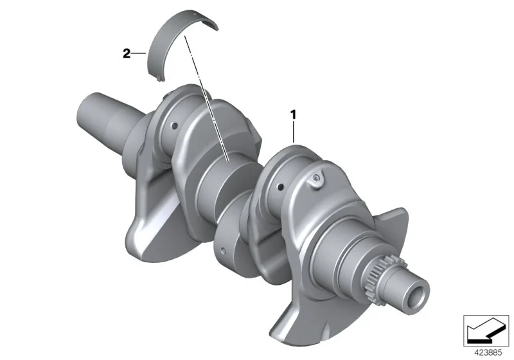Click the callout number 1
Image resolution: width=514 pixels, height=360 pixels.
(294, 115)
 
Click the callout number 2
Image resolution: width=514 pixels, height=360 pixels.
(127, 53)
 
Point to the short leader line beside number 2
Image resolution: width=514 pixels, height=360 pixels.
(139, 53)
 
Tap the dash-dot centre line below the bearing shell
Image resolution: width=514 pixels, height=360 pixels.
(206, 98)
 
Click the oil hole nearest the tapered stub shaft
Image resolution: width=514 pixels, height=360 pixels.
(174, 125)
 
